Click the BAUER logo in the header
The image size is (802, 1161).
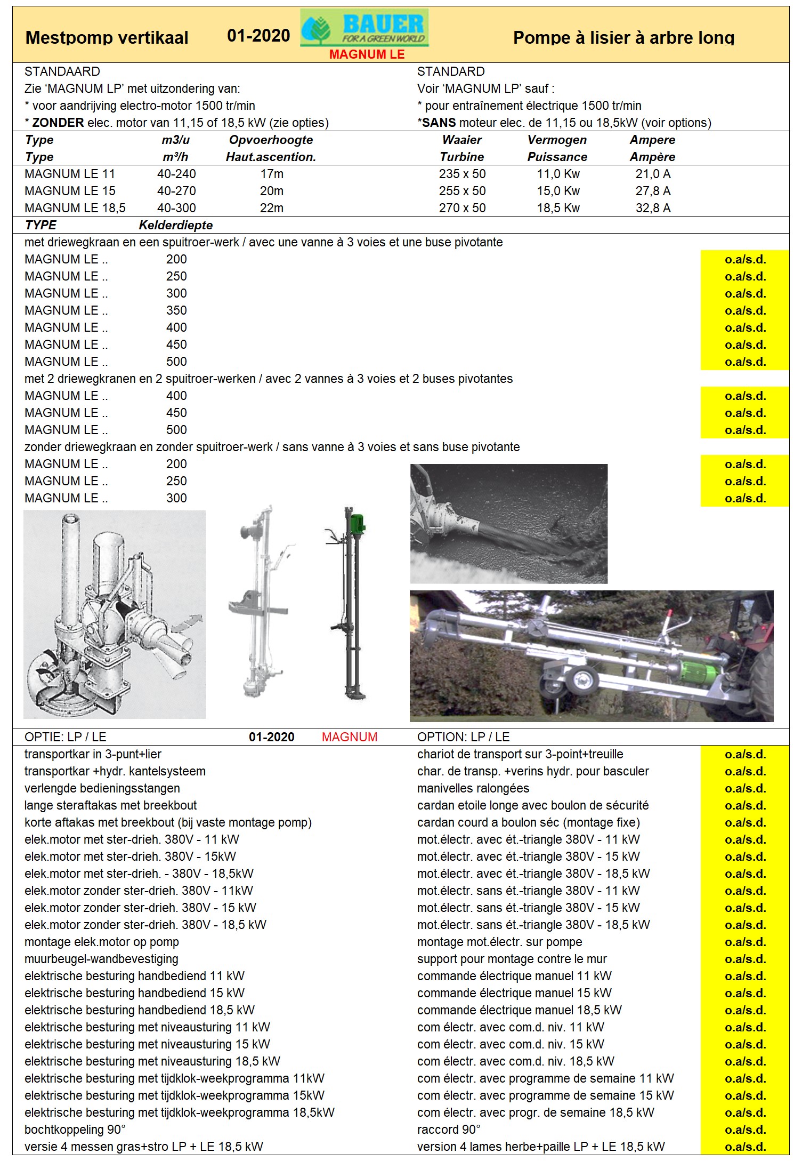[x=364, y=28]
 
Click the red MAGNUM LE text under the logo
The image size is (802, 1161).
[x=367, y=54]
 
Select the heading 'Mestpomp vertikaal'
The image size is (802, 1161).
[x=107, y=38]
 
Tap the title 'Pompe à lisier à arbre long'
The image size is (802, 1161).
[x=623, y=38]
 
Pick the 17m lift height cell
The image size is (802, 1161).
[x=272, y=174]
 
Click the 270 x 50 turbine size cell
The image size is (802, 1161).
[x=462, y=208]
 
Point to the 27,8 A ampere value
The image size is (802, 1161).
[x=653, y=191]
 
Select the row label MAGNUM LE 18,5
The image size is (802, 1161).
[x=75, y=208]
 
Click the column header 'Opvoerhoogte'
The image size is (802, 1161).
[x=271, y=140]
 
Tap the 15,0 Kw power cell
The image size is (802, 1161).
[x=558, y=191]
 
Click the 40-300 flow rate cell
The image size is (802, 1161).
[x=176, y=208]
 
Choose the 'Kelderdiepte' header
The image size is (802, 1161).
[x=176, y=225]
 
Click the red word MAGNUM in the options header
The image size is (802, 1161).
[x=349, y=737]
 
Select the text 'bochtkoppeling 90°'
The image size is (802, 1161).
[x=75, y=1130]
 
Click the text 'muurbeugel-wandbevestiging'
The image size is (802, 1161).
[x=101, y=959]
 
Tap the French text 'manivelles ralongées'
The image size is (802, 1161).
[x=473, y=788]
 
